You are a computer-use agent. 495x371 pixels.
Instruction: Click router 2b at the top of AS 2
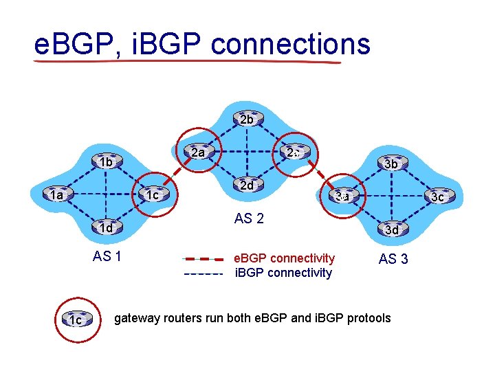(246, 119)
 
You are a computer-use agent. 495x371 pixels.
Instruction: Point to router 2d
(246, 185)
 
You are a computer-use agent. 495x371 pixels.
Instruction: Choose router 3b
(390, 164)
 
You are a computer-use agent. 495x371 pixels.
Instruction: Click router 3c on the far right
(437, 196)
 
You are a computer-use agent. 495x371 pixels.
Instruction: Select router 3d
(390, 229)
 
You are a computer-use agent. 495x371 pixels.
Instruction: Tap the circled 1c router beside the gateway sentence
(76, 319)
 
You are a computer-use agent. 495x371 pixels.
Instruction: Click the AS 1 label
(107, 257)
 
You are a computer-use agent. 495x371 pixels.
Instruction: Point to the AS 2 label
(249, 219)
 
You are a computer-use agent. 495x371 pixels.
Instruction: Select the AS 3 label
(393, 259)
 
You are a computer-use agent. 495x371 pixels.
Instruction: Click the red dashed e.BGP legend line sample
(203, 260)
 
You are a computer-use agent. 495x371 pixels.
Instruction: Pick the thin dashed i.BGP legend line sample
(203, 273)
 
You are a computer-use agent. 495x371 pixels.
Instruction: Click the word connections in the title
(290, 45)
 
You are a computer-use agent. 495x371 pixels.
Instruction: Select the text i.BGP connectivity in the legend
(283, 273)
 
